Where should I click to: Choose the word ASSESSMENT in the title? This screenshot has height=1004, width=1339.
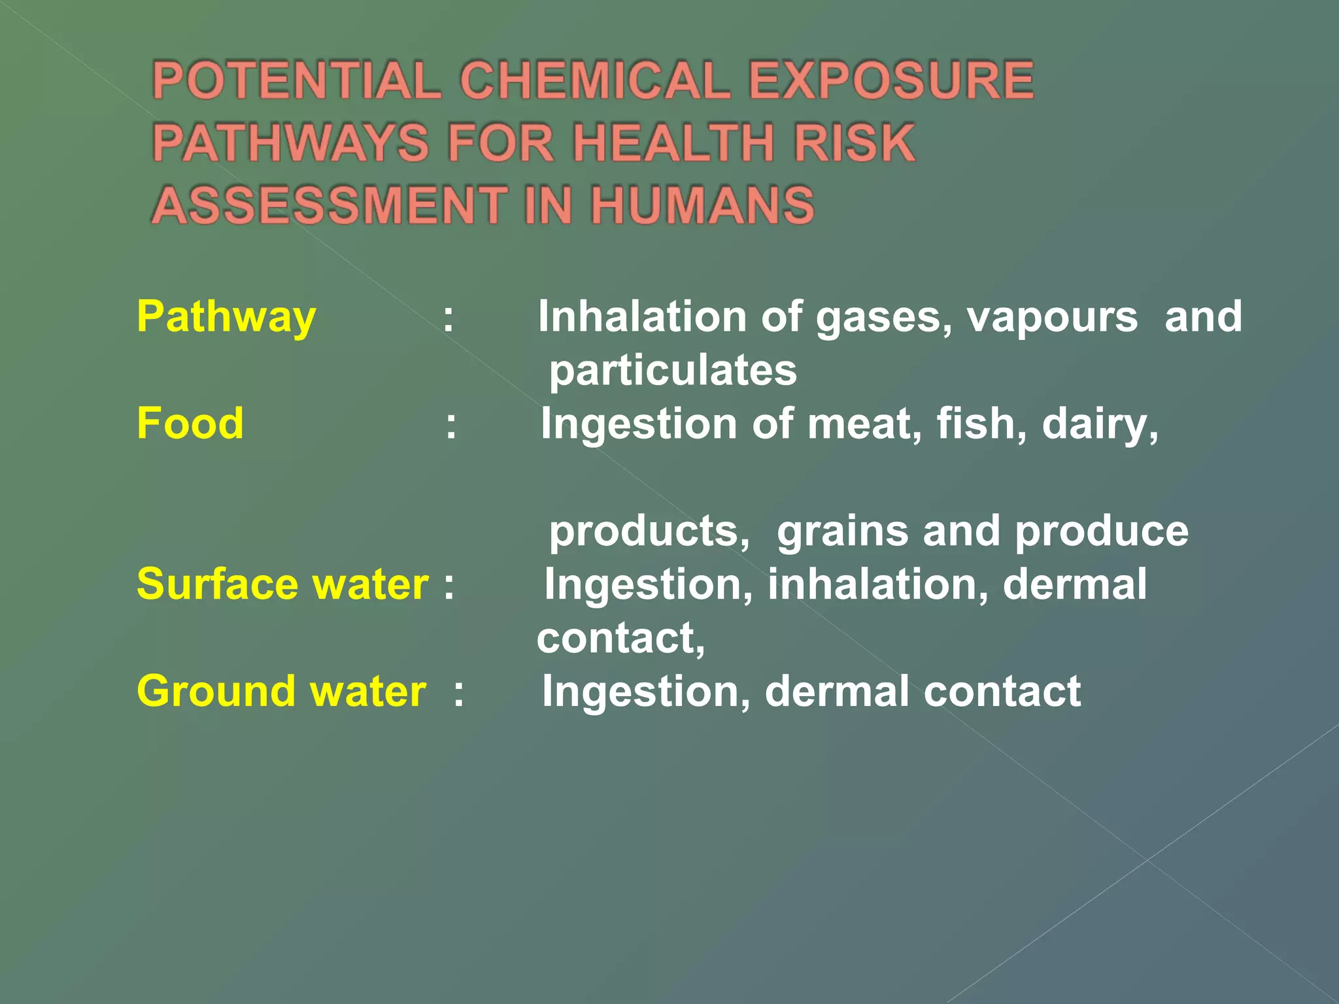(x=330, y=205)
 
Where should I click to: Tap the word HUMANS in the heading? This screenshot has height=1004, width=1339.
(x=703, y=205)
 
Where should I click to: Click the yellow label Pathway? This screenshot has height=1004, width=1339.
(x=226, y=318)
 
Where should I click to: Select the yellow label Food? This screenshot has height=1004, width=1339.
(x=190, y=424)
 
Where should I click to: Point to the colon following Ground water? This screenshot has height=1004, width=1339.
(x=459, y=694)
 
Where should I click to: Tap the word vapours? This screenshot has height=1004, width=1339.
(x=1052, y=318)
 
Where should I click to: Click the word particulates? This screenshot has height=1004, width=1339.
(x=673, y=371)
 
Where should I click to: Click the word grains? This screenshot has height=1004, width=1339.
(x=842, y=531)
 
